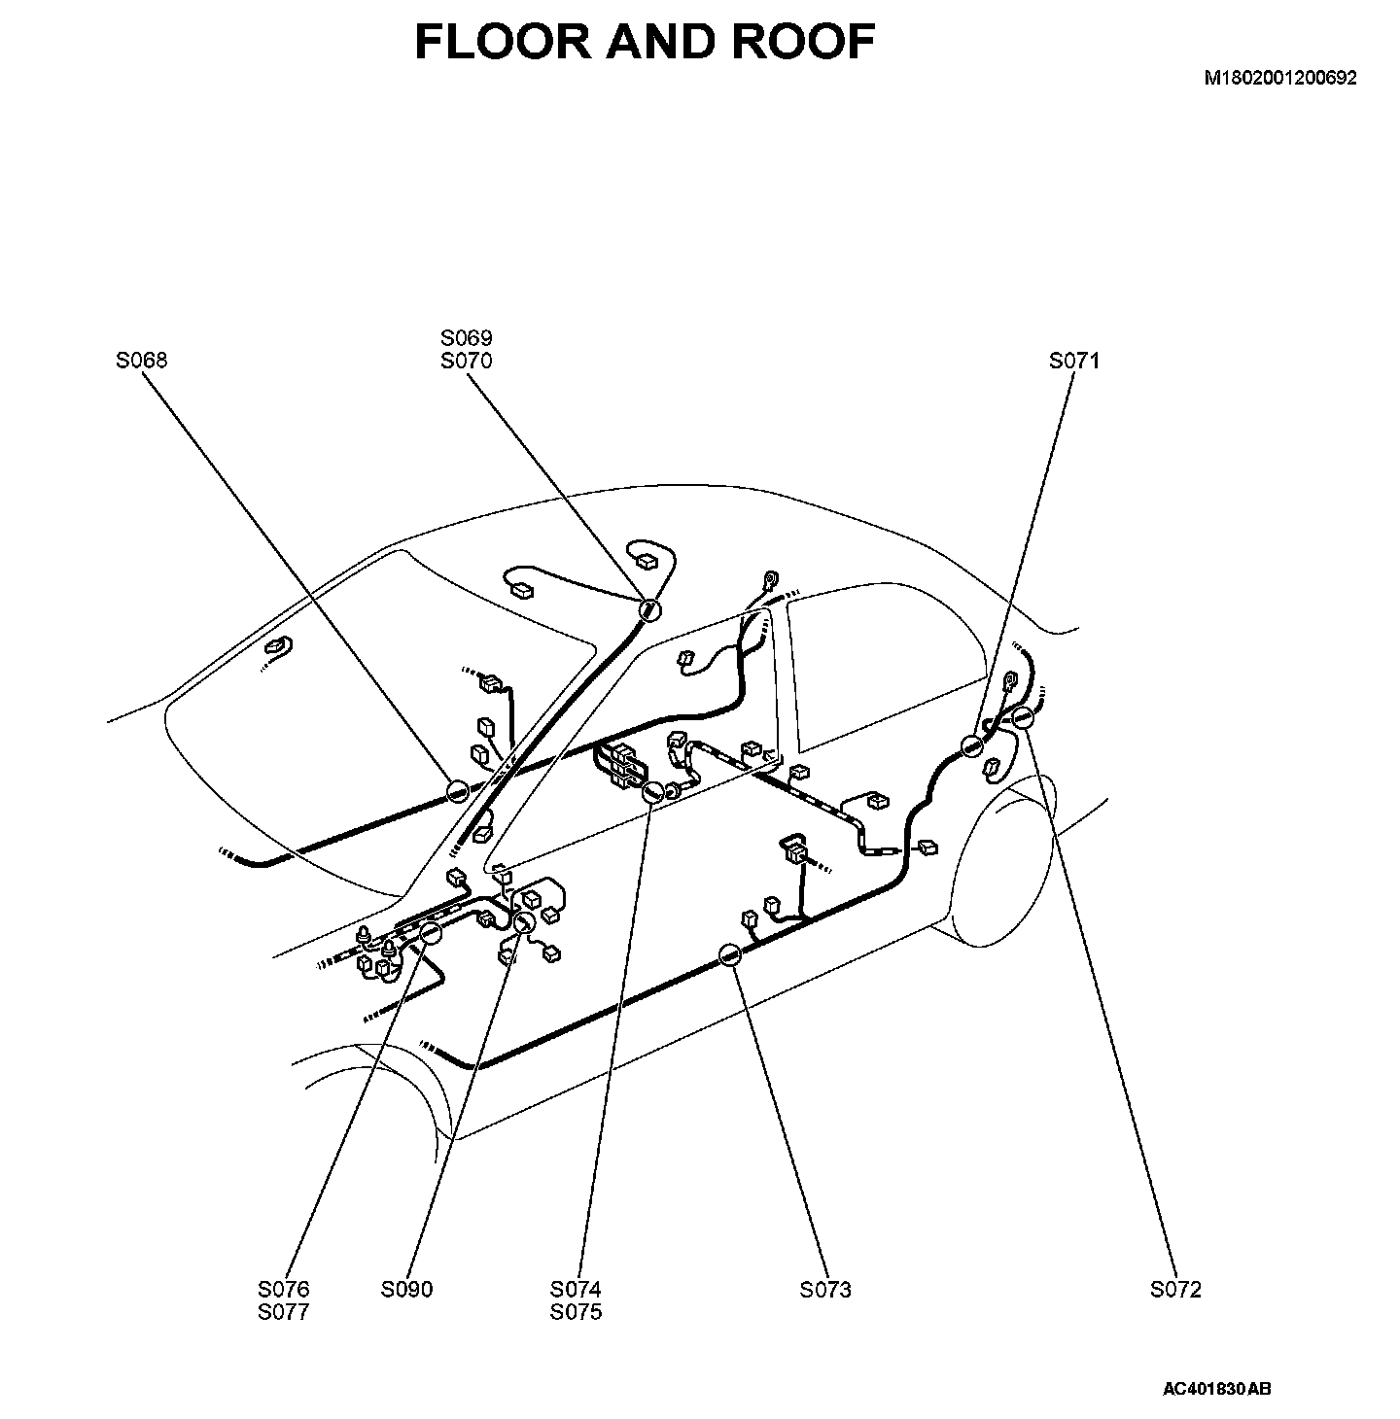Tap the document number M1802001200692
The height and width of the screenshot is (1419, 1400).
1280,79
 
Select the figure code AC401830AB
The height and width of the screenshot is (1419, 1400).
1216,1388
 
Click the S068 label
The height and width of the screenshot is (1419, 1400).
141,361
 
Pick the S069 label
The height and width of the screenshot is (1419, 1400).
467,338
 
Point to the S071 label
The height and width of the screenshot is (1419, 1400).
1073,361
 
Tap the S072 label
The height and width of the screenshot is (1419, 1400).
1175,1290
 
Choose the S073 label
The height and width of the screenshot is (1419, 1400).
825,1290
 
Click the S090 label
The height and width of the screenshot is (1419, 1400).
406,1290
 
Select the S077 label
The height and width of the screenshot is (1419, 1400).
284,1312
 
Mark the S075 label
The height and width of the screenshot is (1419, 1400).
576,1312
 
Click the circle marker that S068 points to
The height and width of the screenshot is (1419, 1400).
458,791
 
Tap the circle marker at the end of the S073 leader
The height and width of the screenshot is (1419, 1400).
730,956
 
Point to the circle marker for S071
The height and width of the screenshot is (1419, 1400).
971,746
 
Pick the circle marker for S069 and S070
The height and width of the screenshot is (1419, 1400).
648,609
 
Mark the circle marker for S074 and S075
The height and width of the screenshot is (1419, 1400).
653,792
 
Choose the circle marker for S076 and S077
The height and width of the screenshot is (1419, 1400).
430,933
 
